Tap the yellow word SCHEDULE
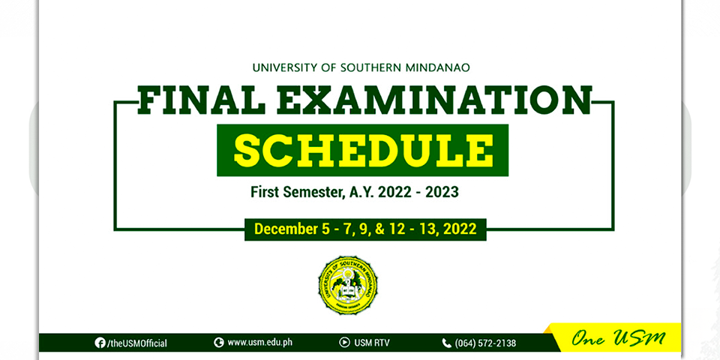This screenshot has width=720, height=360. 363,150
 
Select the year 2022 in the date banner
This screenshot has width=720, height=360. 460,229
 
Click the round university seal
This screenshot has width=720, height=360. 347,285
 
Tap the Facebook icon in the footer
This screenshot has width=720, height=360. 100,343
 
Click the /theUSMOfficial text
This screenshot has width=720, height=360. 136,343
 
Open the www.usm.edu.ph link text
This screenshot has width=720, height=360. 260,343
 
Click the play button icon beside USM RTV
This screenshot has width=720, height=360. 344,343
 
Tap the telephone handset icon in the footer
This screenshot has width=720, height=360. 446,343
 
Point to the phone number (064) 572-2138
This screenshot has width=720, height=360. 485,343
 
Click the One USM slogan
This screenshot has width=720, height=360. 618,339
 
